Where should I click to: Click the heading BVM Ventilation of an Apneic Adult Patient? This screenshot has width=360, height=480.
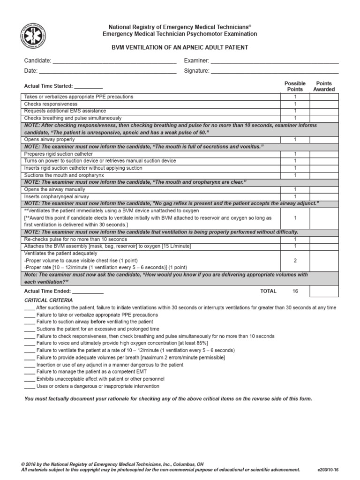click(x=180, y=48)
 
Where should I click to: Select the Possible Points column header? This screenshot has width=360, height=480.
click(x=295, y=86)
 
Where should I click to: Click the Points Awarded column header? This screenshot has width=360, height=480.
click(x=324, y=86)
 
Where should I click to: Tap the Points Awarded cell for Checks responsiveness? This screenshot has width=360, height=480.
click(x=324, y=104)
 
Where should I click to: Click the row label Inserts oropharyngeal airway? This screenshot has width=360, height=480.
click(x=57, y=197)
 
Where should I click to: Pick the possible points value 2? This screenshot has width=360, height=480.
click(x=295, y=260)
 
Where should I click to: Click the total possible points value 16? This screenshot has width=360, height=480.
click(x=295, y=291)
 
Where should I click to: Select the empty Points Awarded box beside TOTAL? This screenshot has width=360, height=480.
click(x=324, y=291)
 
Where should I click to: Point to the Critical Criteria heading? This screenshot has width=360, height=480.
click(x=48, y=300)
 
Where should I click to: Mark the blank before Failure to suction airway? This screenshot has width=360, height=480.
click(x=29, y=322)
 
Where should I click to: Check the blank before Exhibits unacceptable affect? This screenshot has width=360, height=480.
click(x=29, y=379)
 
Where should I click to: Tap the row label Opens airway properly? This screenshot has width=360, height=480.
click(x=49, y=140)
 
